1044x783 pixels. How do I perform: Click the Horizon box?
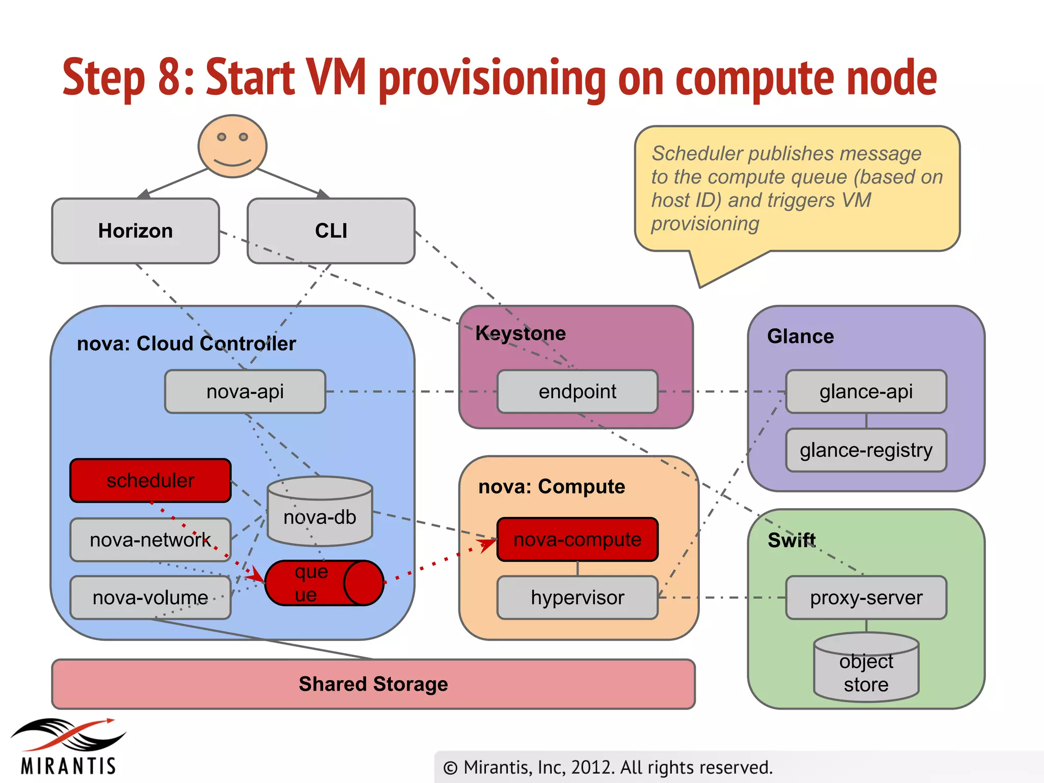click(x=136, y=231)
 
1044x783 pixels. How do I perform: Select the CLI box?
click(x=331, y=231)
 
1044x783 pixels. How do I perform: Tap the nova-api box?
click(x=245, y=391)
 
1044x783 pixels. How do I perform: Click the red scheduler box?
click(x=150, y=481)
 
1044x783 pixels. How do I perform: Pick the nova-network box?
click(x=150, y=540)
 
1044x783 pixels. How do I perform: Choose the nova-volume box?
click(x=150, y=597)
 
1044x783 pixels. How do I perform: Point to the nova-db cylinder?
click(x=320, y=512)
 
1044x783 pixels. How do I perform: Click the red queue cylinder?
click(x=324, y=583)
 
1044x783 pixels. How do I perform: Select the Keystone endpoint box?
click(x=578, y=391)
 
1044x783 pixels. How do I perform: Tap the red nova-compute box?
click(x=578, y=539)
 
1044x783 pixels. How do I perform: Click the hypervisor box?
click(x=578, y=597)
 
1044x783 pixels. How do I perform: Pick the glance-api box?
click(x=866, y=391)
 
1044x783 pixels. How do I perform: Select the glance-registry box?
click(x=866, y=450)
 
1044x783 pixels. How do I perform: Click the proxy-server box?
click(x=866, y=597)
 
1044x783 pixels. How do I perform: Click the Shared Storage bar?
click(x=374, y=684)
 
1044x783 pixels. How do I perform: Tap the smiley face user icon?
click(x=232, y=146)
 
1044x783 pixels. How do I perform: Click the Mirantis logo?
click(x=68, y=747)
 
